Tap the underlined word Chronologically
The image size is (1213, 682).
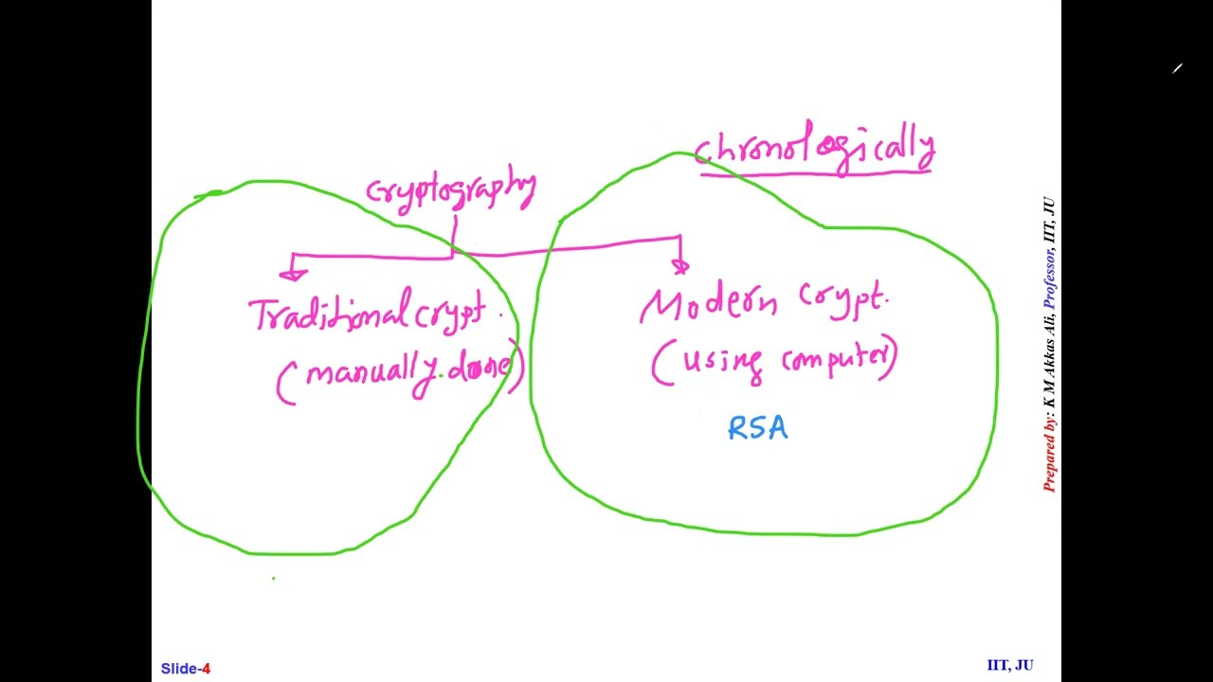tap(815, 149)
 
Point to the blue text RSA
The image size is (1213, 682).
tap(757, 429)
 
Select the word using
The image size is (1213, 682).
tap(721, 361)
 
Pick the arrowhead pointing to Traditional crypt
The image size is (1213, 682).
tap(293, 274)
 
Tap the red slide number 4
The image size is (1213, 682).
tap(207, 669)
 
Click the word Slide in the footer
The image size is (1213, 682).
tap(180, 669)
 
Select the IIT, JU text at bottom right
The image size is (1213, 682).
tap(1009, 665)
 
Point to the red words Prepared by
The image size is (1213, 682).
tap(1049, 454)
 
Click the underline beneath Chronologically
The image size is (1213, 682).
tap(815, 171)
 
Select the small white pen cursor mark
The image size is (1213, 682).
tap(1177, 68)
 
